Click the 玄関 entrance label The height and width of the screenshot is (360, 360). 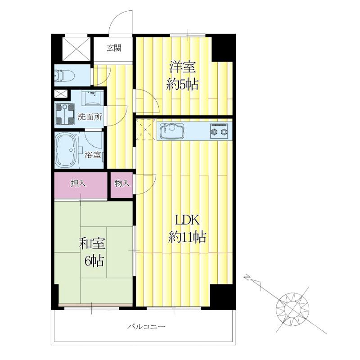point(114,48)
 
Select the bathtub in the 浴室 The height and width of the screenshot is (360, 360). point(67,150)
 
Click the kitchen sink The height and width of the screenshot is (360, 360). point(171,131)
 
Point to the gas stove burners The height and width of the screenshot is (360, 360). point(219,131)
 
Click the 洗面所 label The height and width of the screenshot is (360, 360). point(90,117)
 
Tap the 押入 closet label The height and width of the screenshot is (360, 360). point(78,184)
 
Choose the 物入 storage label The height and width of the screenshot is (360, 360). point(122,183)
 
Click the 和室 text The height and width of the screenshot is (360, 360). point(92,243)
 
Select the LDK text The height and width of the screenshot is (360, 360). point(187,220)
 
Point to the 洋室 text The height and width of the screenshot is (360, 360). point(182,67)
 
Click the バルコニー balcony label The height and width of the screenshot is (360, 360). point(147,326)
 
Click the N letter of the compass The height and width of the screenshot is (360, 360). point(247,277)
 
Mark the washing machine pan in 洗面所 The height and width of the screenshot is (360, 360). point(65,114)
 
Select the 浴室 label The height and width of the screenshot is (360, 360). point(93,155)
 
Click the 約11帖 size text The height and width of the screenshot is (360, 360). point(187,238)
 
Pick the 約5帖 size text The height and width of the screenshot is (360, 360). point(182,85)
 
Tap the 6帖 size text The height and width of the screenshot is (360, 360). point(94,261)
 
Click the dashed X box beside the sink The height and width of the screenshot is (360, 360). point(146,130)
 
